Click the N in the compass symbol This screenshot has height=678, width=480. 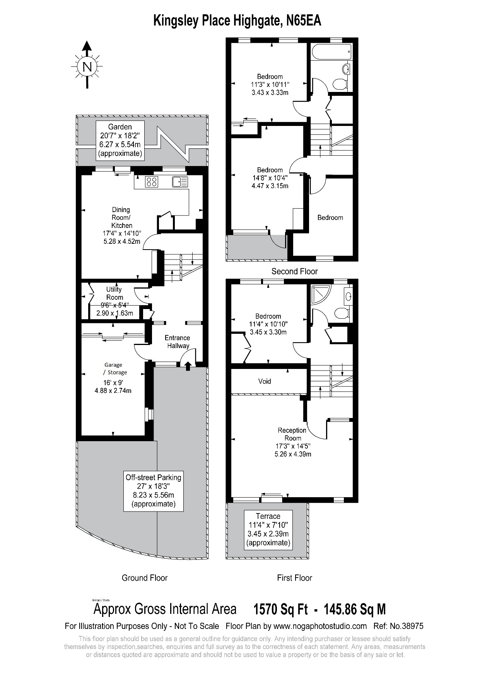point(87,67)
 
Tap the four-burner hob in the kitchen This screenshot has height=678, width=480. point(151,182)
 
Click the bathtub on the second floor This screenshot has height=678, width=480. point(331,52)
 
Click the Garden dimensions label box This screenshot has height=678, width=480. point(120,140)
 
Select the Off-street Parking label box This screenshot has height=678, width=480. point(154,491)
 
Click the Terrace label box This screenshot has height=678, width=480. point(268,529)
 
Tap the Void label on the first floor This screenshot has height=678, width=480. point(265,381)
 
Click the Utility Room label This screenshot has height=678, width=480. point(114,293)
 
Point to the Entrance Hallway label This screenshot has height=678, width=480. point(178,342)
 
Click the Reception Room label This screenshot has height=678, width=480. point(292,434)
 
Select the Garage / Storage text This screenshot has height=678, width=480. point(113,369)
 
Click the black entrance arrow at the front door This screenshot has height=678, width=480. point(188,365)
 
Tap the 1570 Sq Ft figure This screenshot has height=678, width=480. point(280,609)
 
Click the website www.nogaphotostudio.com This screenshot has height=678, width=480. point(320,626)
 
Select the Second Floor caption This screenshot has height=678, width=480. point(294,271)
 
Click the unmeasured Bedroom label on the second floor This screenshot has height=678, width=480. point(330,218)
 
